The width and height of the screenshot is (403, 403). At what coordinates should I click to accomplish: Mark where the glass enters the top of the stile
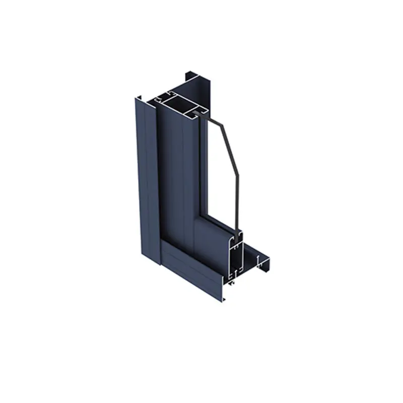[201, 115]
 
